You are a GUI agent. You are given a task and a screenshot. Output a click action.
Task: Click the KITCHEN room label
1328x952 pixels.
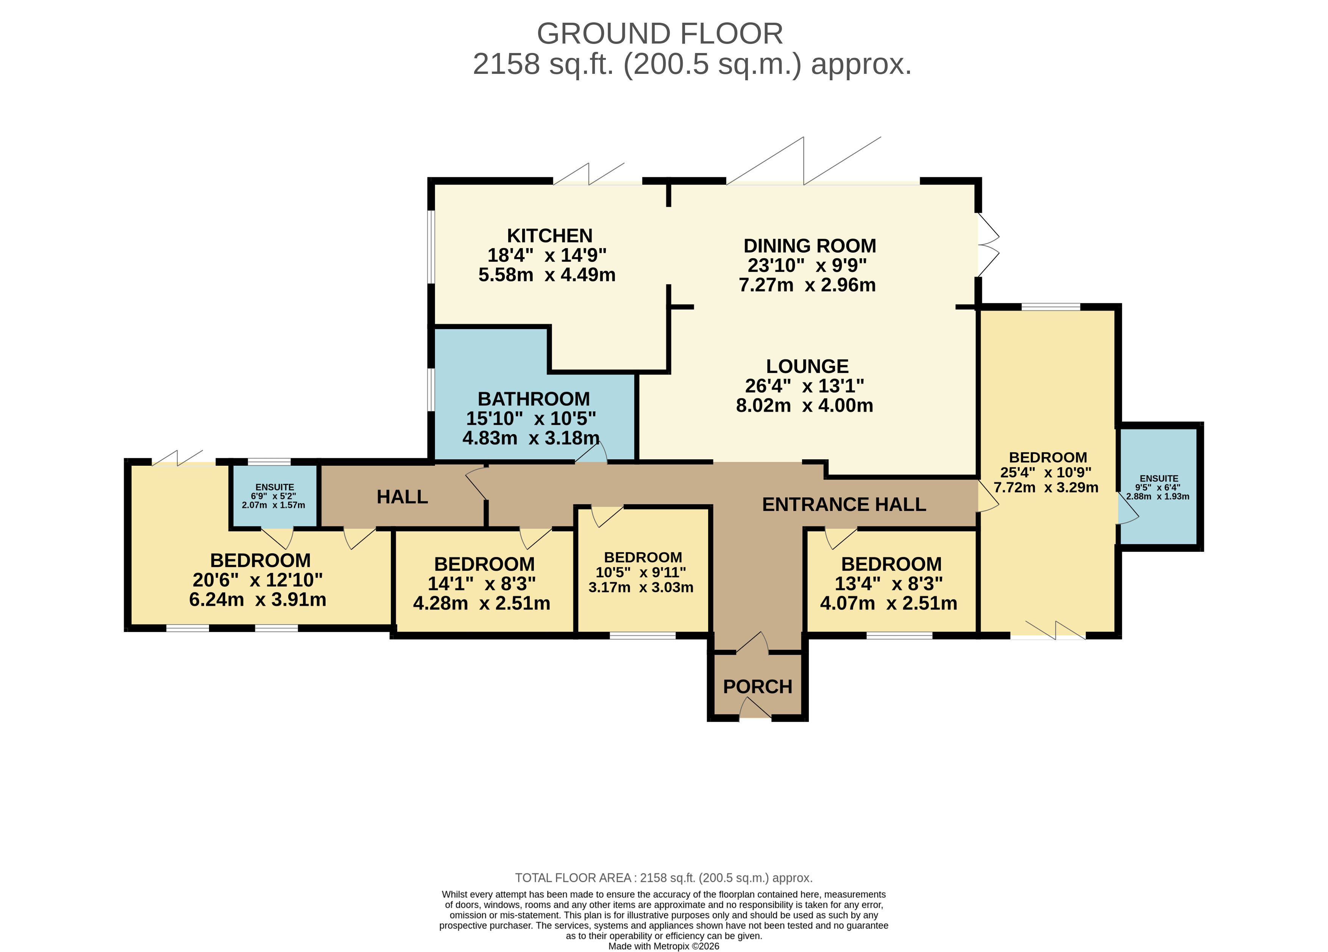549,236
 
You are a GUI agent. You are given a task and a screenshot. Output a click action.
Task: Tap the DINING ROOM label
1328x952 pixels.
810,246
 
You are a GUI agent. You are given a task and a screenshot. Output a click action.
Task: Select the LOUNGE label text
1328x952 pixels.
807,367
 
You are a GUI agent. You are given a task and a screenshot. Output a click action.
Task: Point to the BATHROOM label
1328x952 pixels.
534,399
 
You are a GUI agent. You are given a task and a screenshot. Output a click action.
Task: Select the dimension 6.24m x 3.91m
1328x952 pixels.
257,599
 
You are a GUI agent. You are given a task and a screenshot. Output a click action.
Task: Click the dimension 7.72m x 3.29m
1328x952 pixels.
1046,487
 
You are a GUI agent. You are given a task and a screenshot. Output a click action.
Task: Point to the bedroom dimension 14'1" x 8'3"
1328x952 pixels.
481,584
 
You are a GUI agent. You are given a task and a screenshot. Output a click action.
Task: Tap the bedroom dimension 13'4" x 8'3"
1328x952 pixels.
889,584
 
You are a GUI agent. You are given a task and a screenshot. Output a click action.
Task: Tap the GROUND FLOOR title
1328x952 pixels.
660,33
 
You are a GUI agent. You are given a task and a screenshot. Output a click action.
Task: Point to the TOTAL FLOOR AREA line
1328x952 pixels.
663,878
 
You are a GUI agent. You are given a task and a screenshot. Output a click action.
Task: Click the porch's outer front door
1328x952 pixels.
755,708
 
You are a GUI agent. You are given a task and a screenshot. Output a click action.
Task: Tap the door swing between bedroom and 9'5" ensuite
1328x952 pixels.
1128,508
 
